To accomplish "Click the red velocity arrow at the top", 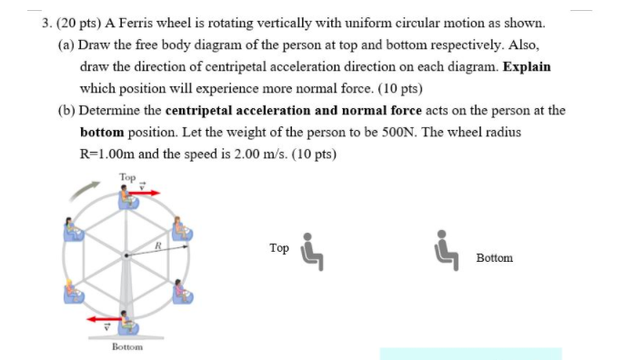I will [148, 193].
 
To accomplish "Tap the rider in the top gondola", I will [126, 194].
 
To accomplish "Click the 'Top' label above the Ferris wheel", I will [126, 175].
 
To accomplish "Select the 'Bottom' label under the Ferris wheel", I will [126, 346].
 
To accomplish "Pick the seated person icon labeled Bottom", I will [448, 251].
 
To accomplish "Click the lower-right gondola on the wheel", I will [183, 292].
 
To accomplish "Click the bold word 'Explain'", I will [525, 67].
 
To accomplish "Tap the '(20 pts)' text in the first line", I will [80, 23].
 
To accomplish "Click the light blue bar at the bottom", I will [470, 354].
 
